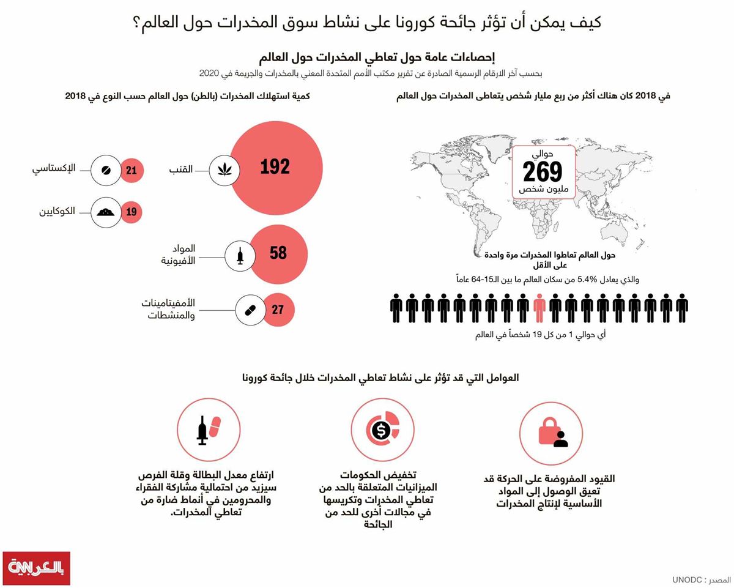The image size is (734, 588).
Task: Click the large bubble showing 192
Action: point(275,167)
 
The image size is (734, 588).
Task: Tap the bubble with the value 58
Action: point(278,253)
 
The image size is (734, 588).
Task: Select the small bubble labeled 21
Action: point(132,170)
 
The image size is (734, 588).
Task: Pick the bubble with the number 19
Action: point(132,213)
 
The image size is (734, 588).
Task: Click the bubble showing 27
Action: point(278,310)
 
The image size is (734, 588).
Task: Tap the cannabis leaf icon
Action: point(225,169)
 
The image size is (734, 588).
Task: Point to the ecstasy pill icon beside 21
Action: point(106,170)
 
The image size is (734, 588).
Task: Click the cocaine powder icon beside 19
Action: point(106,213)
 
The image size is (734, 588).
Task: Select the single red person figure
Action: point(538,308)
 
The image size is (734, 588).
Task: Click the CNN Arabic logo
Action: point(36,568)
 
